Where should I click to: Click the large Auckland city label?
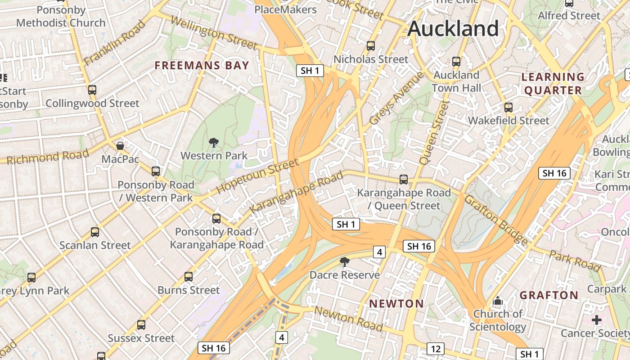click(x=453, y=29)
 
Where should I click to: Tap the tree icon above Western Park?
click(x=214, y=143)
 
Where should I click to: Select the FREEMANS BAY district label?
click(x=202, y=66)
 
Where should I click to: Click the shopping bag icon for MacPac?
click(x=120, y=146)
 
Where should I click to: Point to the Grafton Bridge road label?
click(x=496, y=220)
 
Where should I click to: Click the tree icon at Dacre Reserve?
click(x=345, y=262)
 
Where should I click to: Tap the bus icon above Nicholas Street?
click(x=371, y=46)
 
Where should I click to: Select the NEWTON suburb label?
click(x=396, y=304)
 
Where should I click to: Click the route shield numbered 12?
click(x=436, y=349)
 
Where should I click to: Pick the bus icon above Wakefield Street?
click(x=508, y=108)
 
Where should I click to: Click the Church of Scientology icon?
click(x=498, y=301)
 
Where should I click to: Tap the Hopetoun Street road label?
click(x=257, y=176)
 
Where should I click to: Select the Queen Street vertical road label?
click(x=434, y=132)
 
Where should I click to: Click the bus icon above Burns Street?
click(x=189, y=277)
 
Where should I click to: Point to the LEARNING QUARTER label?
click(x=553, y=84)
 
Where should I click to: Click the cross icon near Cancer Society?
click(x=597, y=320)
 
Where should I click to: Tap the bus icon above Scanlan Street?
click(x=95, y=232)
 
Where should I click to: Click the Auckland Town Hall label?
click(x=456, y=81)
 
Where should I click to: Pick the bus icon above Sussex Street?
click(x=141, y=325)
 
